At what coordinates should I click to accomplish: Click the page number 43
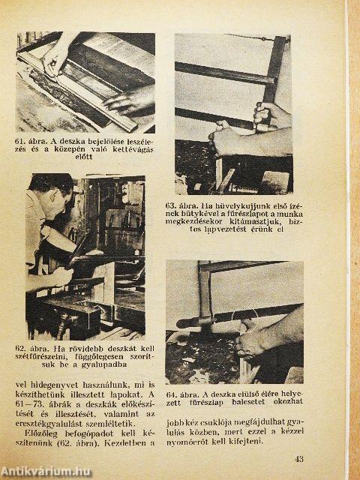[299, 459]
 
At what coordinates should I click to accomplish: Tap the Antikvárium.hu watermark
[46, 472]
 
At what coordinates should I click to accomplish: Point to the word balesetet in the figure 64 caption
[248, 402]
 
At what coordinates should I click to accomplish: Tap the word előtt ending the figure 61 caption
[83, 157]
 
